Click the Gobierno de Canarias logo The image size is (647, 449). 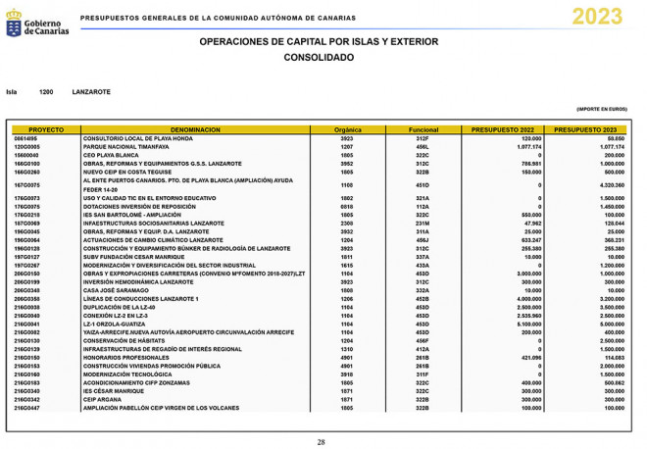pos(37,25)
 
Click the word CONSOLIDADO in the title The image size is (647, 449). pos(319,58)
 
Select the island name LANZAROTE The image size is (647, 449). pos(91,92)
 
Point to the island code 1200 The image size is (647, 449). pos(46,92)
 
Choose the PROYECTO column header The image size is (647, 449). pos(46,129)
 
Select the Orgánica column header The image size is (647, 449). pos(348,129)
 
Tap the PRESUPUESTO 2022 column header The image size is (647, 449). pos(503,129)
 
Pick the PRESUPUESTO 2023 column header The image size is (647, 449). pos(585,129)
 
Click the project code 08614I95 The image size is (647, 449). pos(26,138)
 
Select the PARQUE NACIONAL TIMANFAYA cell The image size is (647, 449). pos(124,146)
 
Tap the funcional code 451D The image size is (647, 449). pos(423,184)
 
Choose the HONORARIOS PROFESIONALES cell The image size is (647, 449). pos(125,357)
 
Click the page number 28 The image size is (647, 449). pos(321,442)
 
